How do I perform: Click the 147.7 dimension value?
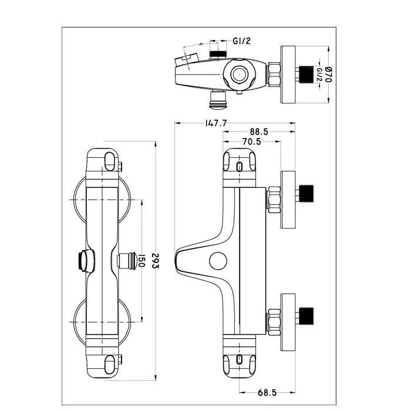[x=216, y=123]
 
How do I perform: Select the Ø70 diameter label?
[x=328, y=75]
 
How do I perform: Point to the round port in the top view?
[x=239, y=74]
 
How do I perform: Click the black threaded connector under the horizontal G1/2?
[x=218, y=54]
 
